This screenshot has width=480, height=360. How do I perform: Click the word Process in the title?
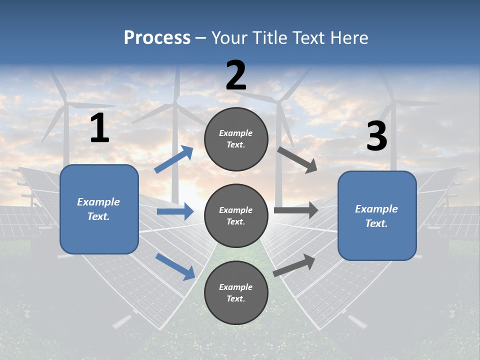(157, 38)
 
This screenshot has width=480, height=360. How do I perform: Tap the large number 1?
(99, 128)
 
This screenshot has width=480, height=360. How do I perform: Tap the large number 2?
(236, 75)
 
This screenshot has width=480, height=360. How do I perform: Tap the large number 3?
(376, 136)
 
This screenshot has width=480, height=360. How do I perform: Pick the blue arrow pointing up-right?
(174, 159)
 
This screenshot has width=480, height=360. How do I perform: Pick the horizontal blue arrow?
(175, 211)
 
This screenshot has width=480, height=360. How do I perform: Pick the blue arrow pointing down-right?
(175, 266)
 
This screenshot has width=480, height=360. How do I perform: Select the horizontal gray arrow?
(295, 210)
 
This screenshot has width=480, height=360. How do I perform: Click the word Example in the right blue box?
(376, 209)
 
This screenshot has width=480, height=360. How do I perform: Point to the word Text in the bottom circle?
(235, 298)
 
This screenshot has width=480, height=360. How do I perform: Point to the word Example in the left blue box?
(98, 202)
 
